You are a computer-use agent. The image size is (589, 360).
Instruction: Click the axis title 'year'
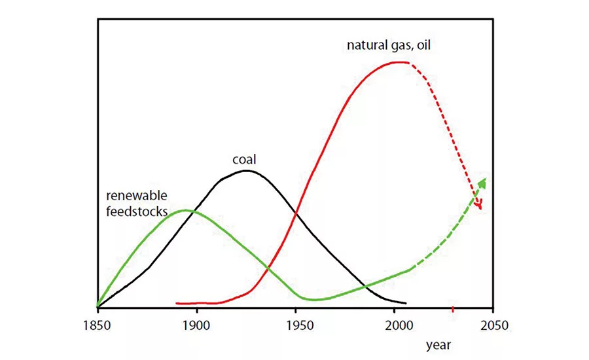click(438, 344)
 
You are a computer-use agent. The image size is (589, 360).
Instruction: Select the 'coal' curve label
click(243, 159)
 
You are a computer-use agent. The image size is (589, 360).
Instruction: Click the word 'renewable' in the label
click(137, 196)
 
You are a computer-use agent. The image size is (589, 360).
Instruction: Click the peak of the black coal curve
click(246, 171)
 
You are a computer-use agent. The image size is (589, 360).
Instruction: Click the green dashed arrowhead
click(483, 181)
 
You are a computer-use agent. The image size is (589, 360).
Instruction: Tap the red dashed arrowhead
click(480, 206)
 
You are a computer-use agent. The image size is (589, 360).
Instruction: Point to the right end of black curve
click(406, 303)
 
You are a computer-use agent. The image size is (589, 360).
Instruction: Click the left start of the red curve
click(177, 304)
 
